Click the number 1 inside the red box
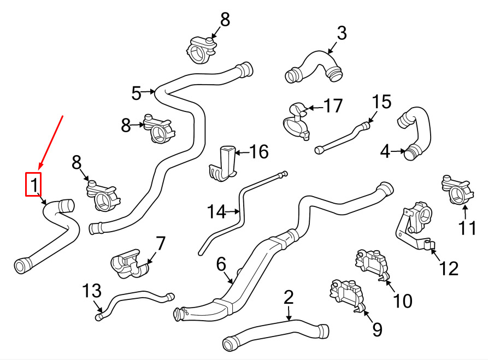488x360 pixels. [x=34, y=185]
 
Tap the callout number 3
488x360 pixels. [x=342, y=33]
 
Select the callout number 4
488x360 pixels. [x=385, y=151]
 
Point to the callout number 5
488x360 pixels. [x=136, y=93]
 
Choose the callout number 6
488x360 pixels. [x=221, y=264]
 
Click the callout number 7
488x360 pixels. [x=160, y=244]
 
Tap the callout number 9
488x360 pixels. [x=377, y=329]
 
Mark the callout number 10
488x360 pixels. [x=403, y=300]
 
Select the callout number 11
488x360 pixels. [x=467, y=227]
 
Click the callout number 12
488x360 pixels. [x=449, y=268]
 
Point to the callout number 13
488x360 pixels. [x=92, y=290]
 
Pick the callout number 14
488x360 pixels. [x=216, y=211]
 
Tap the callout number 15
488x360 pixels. [x=381, y=102]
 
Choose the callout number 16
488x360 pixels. [x=259, y=151]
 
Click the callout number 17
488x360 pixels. [x=333, y=105]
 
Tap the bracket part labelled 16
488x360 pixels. [x=222, y=163]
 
